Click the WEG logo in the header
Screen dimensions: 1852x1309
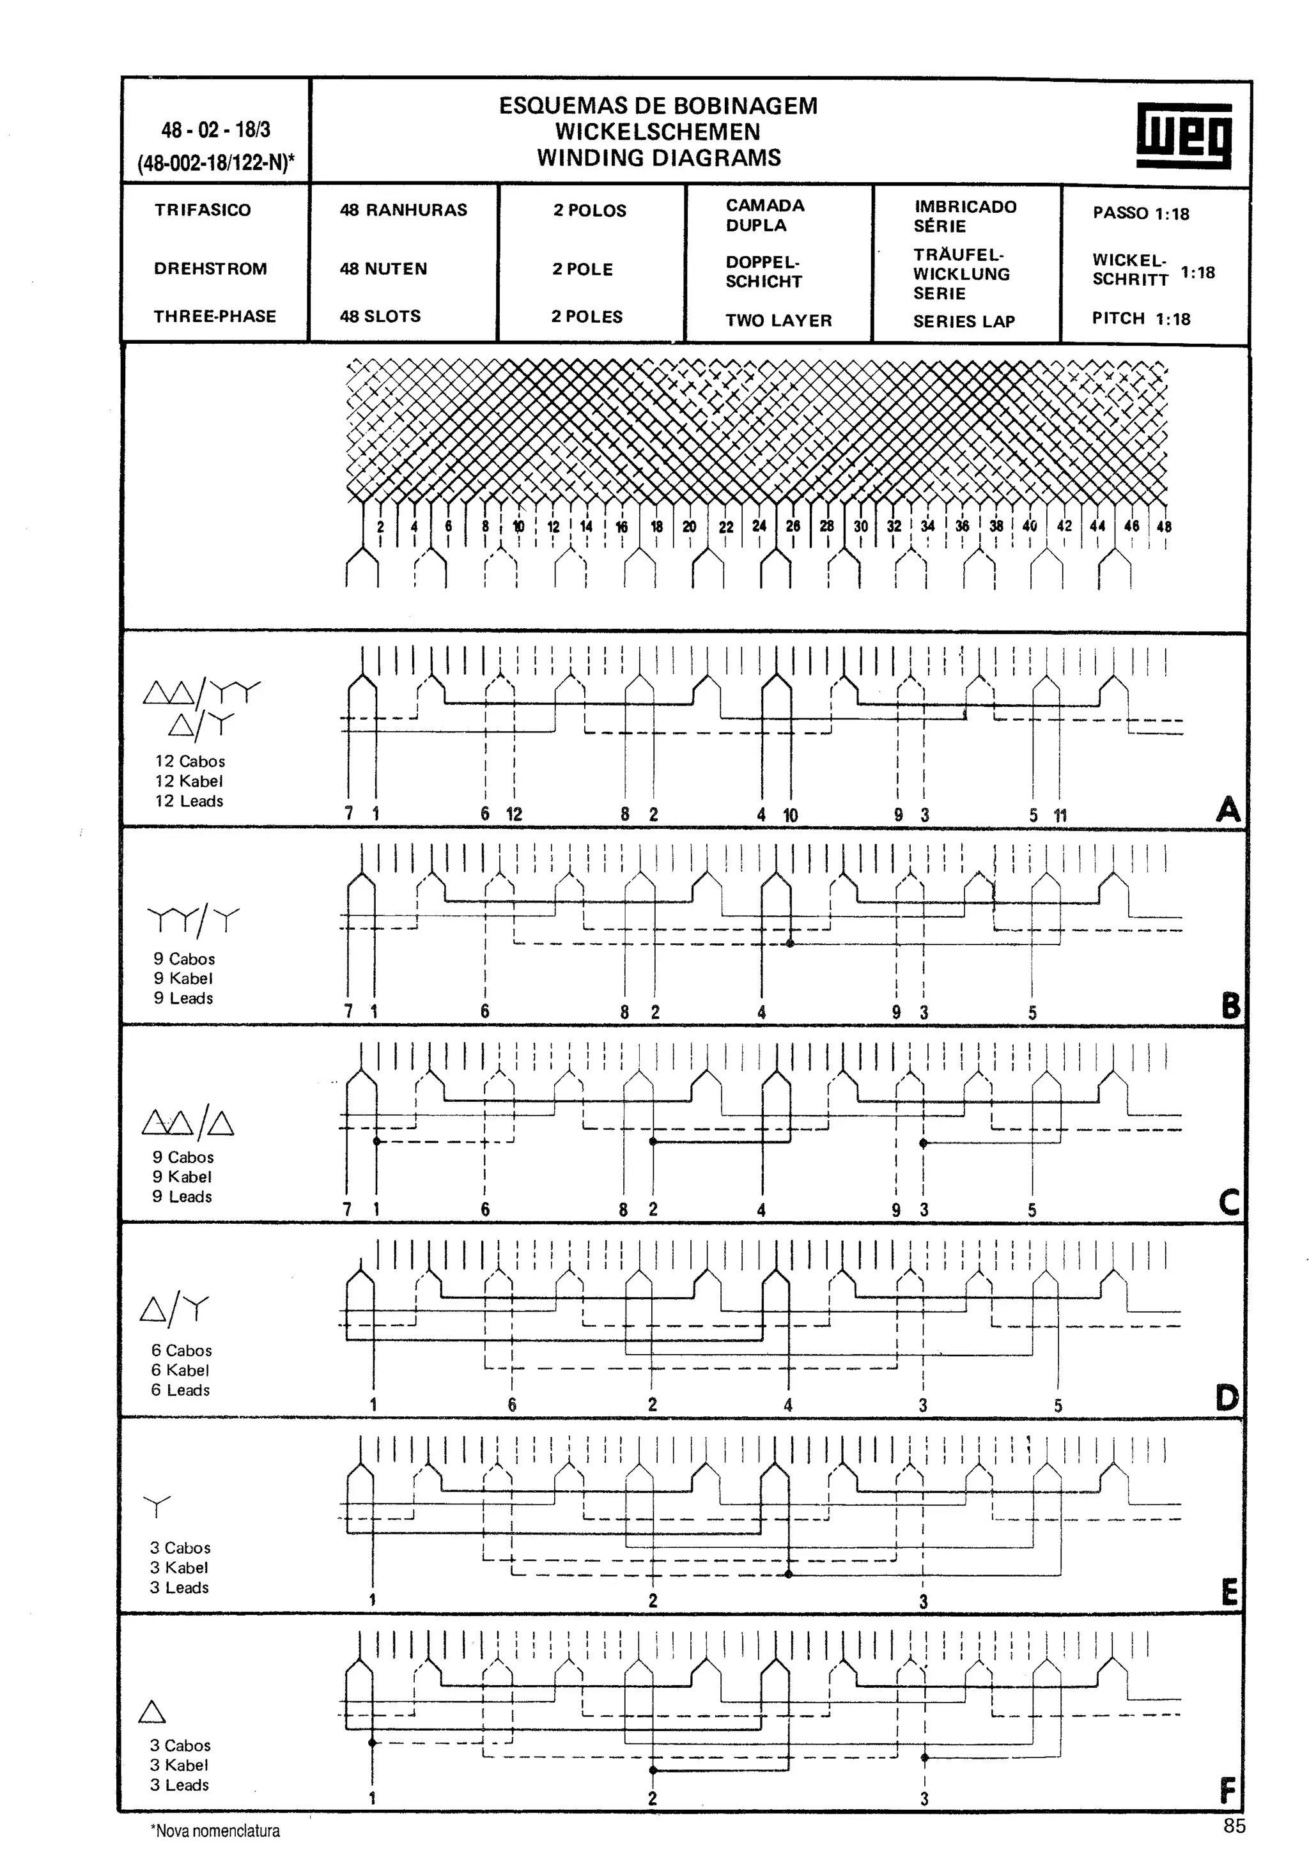[1183, 135]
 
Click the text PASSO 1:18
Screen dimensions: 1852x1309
[1140, 213]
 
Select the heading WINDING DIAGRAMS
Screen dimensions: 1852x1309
[659, 158]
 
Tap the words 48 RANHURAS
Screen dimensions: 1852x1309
[403, 210]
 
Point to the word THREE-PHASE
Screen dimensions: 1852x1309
[215, 316]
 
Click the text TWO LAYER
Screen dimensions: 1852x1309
[778, 320]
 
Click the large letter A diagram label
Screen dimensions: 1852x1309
[1228, 808]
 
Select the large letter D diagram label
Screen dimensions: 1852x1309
[1227, 1398]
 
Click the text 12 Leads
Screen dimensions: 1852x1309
[189, 801]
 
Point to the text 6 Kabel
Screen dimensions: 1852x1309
[180, 1370]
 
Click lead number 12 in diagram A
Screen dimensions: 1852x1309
[514, 815]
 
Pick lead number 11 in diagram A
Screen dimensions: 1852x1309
[1060, 815]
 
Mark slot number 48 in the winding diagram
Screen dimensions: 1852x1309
[1163, 527]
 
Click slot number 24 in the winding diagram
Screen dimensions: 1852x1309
[759, 526]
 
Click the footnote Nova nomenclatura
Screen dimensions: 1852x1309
[215, 1831]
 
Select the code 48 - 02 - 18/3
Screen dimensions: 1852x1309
[215, 130]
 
